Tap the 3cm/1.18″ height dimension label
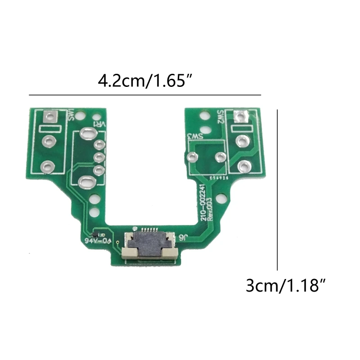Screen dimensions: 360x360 click(x=285, y=286)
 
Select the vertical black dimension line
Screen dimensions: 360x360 click(x=278, y=189)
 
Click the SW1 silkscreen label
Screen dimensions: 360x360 click(x=70, y=116)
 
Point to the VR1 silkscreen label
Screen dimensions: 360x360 click(x=99, y=123)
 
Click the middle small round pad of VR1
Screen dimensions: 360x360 click(x=99, y=157)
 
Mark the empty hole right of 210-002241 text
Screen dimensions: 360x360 click(x=220, y=198)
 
